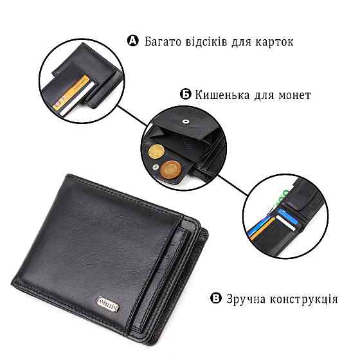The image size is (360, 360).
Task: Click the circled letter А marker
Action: (x=134, y=41)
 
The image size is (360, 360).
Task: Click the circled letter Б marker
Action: (x=185, y=95)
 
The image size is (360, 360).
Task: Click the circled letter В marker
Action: (x=217, y=298)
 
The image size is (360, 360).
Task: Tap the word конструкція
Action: (x=310, y=299)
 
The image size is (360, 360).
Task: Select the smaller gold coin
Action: (x=155, y=152)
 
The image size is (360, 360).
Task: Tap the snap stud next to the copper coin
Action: (x=156, y=167)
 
